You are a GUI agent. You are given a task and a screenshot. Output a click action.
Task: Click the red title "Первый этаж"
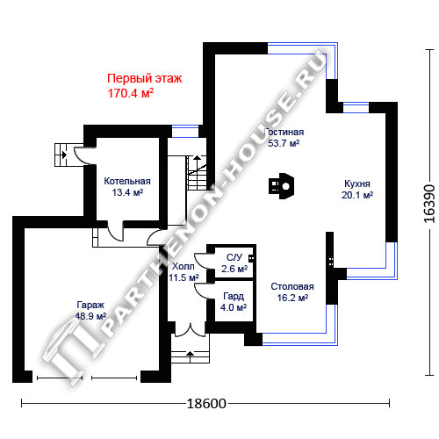tap(145, 79)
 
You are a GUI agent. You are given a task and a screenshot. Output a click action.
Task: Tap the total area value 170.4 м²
tap(131, 93)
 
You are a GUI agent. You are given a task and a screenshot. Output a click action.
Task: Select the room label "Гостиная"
tap(284, 132)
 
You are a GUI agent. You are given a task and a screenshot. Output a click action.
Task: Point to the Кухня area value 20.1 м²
tap(357, 195)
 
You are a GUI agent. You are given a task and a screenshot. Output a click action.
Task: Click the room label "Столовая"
tap(292, 286)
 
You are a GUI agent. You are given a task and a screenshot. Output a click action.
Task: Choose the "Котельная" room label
tap(127, 181)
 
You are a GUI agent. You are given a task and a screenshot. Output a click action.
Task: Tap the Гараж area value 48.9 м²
tap(90, 316)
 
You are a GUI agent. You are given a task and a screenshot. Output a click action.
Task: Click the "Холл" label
tap(183, 266)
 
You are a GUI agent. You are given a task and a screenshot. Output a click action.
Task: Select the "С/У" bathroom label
tap(234, 257)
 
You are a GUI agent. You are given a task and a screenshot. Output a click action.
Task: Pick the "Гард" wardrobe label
tap(234, 296)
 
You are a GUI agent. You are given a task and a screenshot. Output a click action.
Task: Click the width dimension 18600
tap(206, 404)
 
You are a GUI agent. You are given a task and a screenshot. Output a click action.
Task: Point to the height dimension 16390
tap(429, 204)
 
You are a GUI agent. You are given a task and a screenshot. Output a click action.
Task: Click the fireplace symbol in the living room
tap(281, 186)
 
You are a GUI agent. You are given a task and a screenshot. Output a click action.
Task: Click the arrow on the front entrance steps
tap(191, 353)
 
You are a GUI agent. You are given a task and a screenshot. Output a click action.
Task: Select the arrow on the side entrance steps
tap(63, 155)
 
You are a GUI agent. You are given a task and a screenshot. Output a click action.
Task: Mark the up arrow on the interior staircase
tap(198, 159)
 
